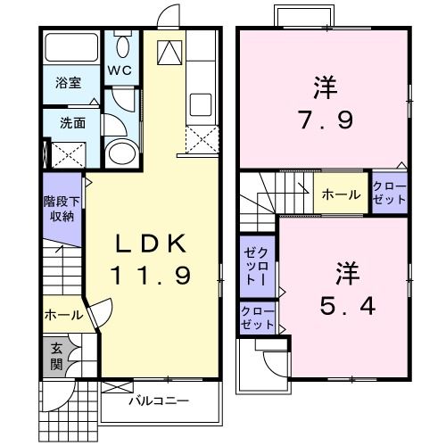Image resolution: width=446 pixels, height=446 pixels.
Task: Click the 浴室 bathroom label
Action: (69, 83)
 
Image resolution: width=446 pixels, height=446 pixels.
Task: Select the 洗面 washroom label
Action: (72, 123)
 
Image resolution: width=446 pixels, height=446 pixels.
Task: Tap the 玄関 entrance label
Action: (55, 354)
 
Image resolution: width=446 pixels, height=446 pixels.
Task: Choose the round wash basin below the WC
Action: (119, 151)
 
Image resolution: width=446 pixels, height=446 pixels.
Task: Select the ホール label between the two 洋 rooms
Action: (341, 194)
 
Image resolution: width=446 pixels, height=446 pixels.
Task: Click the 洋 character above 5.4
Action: (346, 268)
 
